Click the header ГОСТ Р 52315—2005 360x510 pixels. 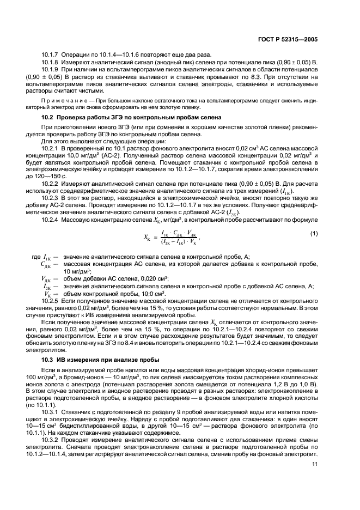click(x=290, y=39)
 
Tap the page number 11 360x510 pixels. click(x=315, y=464)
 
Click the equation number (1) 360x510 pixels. click(x=314, y=233)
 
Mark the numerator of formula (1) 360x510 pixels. click(x=176, y=232)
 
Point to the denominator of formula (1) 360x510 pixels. click(x=176, y=240)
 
